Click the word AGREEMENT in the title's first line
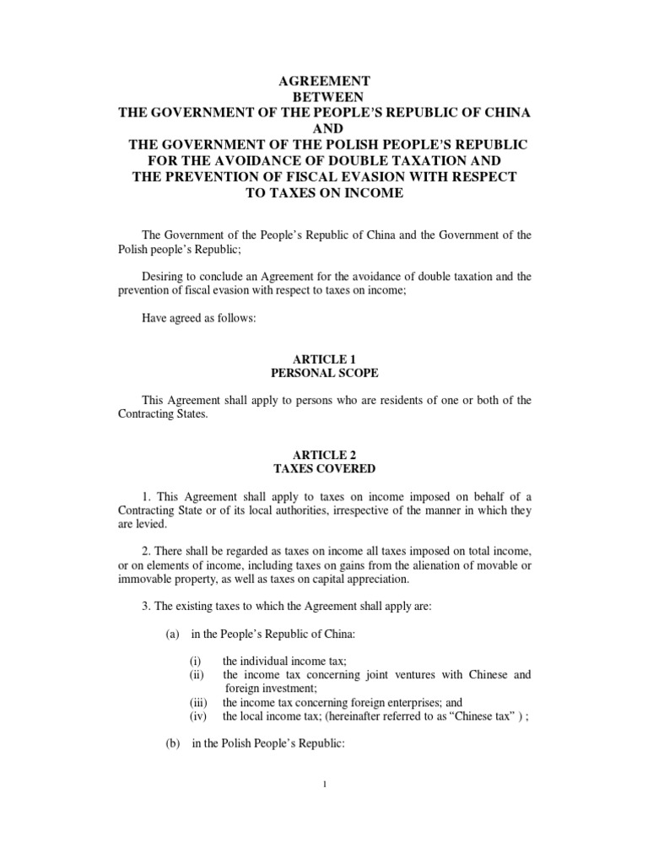click(x=324, y=81)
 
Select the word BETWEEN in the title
click(x=324, y=97)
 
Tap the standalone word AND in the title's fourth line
click(x=324, y=129)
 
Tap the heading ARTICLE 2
click(x=324, y=453)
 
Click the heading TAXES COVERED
click(x=324, y=468)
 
